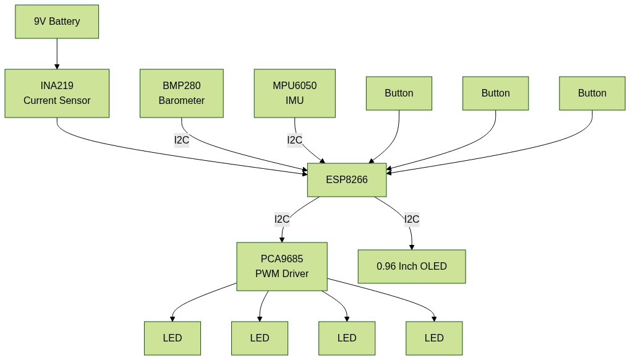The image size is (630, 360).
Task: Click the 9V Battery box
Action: pyautogui.click(x=57, y=22)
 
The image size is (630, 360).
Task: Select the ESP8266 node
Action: pyautogui.click(x=347, y=180)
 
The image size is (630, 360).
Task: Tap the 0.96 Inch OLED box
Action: pyautogui.click(x=412, y=267)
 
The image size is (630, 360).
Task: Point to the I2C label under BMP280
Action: pyautogui.click(x=182, y=140)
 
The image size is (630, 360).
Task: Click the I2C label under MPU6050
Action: pyautogui.click(x=295, y=140)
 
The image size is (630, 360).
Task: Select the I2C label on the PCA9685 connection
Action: pyautogui.click(x=282, y=219)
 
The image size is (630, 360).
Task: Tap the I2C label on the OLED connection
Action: pyautogui.click(x=412, y=219)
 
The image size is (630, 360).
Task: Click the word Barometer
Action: pyautogui.click(x=182, y=100)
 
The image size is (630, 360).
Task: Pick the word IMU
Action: pyautogui.click(x=295, y=100)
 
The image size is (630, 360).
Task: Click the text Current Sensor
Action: pyautogui.click(x=57, y=100)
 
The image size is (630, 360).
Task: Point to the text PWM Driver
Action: pyautogui.click(x=282, y=273)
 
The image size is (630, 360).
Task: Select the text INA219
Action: pyautogui.click(x=57, y=86)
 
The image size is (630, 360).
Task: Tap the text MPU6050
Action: pyautogui.click(x=295, y=86)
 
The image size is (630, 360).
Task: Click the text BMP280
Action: pyautogui.click(x=182, y=86)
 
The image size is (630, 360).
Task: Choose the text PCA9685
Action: pyautogui.click(x=282, y=259)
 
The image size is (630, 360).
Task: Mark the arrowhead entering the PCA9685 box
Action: pyautogui.click(x=282, y=240)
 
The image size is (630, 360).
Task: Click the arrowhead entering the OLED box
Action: pyautogui.click(x=412, y=247)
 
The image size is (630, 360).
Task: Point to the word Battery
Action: pyautogui.click(x=65, y=22)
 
